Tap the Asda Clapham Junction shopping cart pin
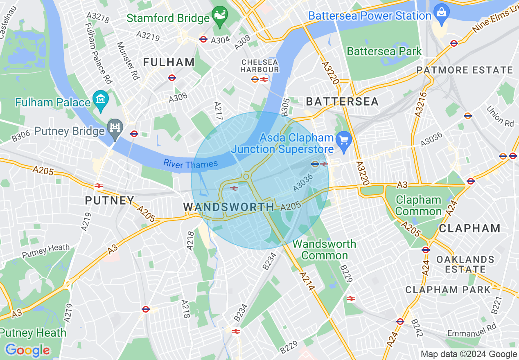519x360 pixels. pos(343,141)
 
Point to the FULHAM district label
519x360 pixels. pos(169,63)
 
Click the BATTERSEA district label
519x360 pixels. pos(342,101)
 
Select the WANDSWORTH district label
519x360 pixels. pos(228,207)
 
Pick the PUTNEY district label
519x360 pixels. pos(109,200)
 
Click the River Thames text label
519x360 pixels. pos(190,164)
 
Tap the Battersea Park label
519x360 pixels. pos(384,51)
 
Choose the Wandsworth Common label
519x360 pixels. pos(324,250)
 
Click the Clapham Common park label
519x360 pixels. pos(418,205)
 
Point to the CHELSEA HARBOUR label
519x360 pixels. pos(259,66)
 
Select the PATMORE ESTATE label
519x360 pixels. pos(465,70)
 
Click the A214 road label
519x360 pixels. pos(307,282)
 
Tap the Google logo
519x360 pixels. pos(27,350)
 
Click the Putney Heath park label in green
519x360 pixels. pos(33,333)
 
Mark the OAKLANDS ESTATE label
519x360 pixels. pos(465,264)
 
